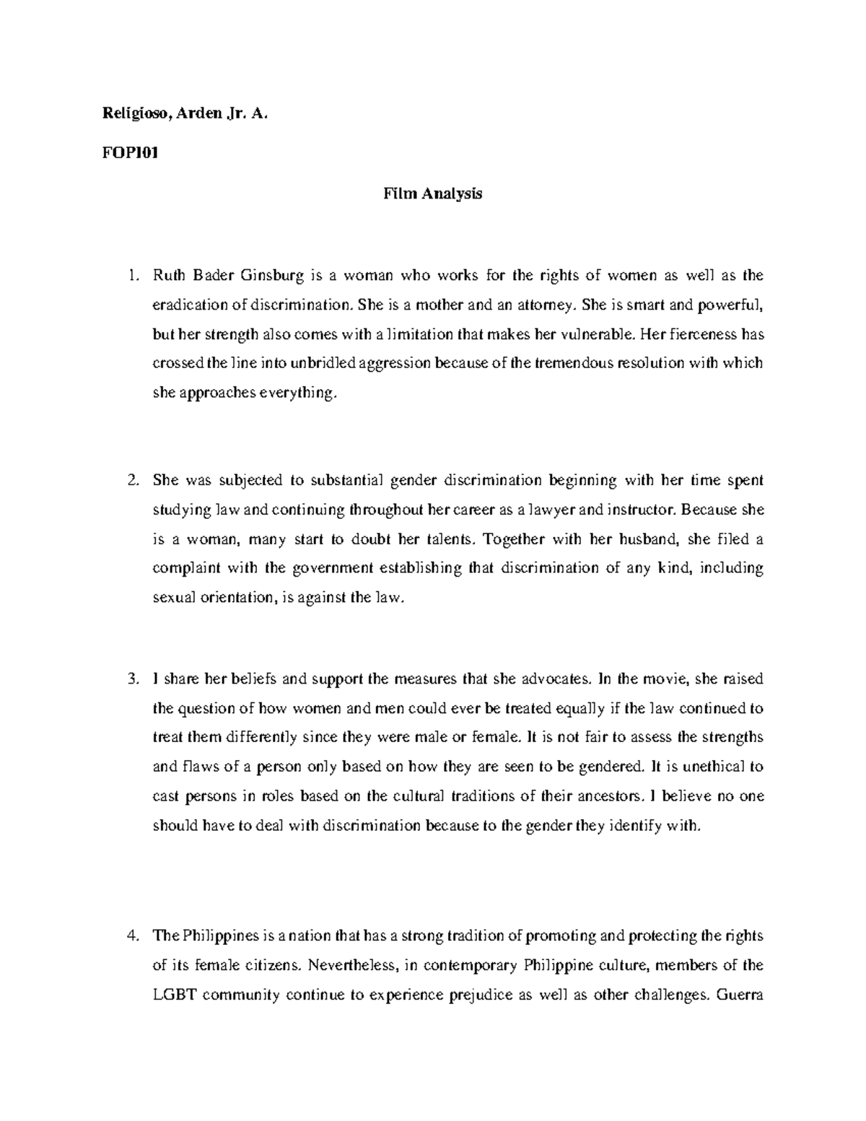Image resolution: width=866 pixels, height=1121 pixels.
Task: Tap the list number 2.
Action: (x=132, y=480)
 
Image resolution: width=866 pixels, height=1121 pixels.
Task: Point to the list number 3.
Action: (x=132, y=679)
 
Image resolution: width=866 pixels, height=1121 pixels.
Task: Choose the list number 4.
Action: (x=132, y=936)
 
